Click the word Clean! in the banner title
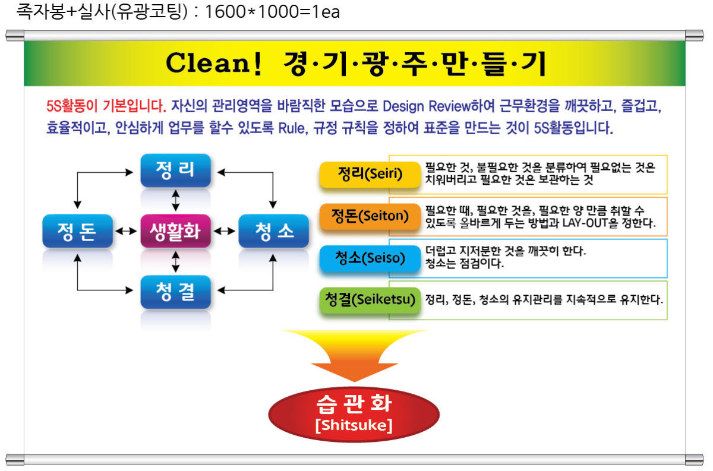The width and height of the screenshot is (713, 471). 213,64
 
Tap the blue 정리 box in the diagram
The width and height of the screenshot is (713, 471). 175,170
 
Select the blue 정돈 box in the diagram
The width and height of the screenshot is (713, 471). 77,231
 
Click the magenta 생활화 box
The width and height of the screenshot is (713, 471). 175,231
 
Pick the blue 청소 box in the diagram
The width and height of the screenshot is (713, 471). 273,231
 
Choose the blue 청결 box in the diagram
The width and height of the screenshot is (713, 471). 175,292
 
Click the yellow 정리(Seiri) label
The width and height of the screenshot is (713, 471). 370,175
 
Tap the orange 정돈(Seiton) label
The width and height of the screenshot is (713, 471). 370,216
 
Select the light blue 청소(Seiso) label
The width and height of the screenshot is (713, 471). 370,258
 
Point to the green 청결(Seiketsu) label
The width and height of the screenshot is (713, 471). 370,300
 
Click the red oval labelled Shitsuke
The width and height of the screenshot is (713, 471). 354,415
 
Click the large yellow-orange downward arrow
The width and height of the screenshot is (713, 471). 354,353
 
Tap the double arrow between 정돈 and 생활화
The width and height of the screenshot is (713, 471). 127,231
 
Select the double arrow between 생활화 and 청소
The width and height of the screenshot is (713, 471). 225,231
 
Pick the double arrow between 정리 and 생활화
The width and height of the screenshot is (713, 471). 175,201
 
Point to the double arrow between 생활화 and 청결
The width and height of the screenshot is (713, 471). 175,261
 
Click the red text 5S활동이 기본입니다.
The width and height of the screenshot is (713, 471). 106,106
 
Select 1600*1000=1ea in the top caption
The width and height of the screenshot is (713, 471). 273,12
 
